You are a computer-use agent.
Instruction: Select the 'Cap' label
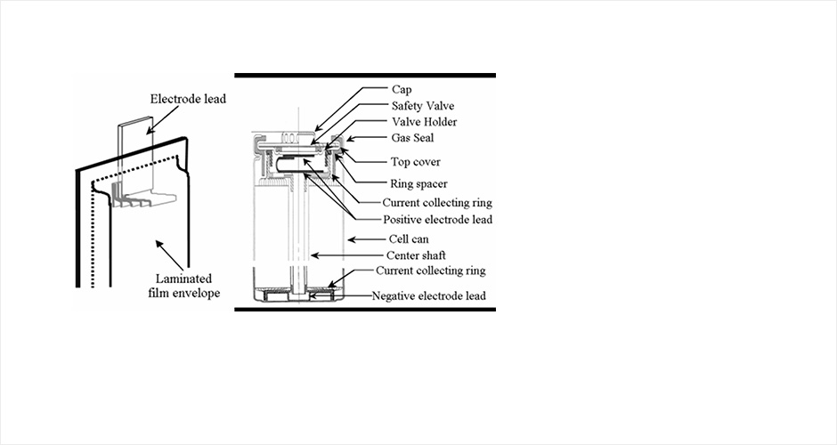pyautogui.click(x=401, y=90)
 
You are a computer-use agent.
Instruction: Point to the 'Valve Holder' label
pyautogui.click(x=423, y=122)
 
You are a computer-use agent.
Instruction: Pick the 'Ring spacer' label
pyautogui.click(x=418, y=184)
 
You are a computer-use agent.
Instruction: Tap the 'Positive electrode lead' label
pyautogui.click(x=437, y=219)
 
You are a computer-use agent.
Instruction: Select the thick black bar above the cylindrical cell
pyautogui.click(x=364, y=75)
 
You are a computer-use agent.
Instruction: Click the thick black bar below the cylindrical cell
pyautogui.click(x=364, y=309)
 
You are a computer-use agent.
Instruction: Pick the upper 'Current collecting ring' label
pyautogui.click(x=438, y=202)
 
